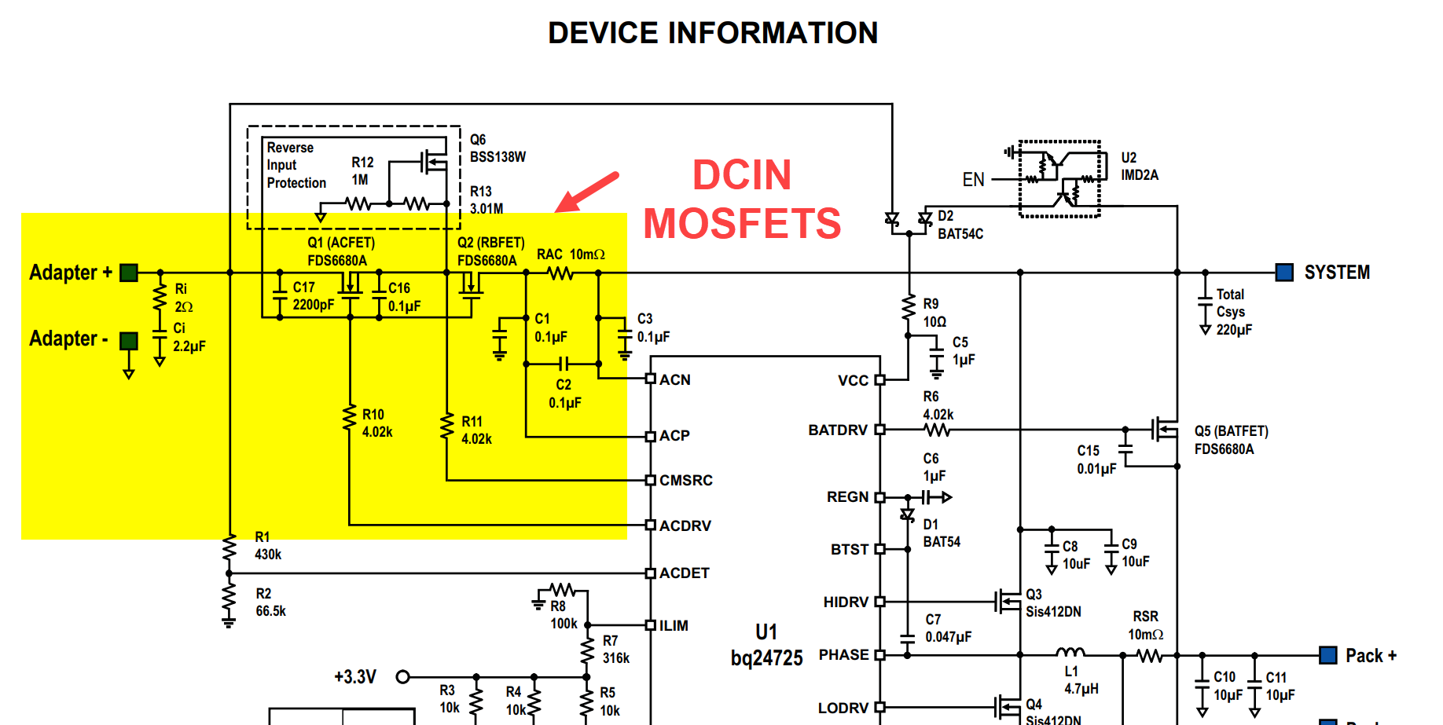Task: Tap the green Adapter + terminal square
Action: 129,273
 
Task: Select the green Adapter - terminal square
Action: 129,340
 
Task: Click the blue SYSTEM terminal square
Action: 1284,273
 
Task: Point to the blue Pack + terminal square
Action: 1328,655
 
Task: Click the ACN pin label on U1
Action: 674,380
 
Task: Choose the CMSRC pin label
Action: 685,480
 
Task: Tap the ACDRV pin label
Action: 685,525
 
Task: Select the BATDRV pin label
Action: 838,430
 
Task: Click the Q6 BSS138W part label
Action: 497,148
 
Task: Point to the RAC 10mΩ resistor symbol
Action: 560,273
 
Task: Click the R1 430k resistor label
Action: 267,546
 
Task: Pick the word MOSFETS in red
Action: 742,224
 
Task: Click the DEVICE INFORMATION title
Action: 713,33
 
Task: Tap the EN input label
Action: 973,180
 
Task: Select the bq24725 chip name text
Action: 766,657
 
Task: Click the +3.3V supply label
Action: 354,676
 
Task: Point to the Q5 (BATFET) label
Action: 1231,431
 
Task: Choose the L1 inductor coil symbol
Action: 1070,652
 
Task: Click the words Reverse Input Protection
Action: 296,165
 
